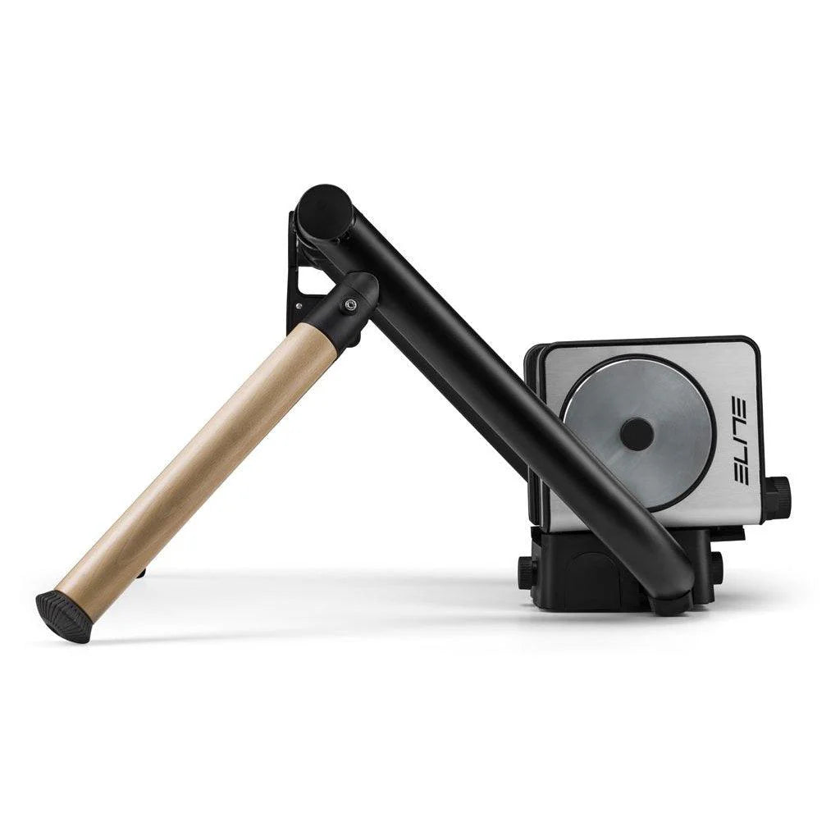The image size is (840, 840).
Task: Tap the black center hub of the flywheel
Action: (x=637, y=434)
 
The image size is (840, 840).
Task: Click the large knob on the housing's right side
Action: (x=777, y=498)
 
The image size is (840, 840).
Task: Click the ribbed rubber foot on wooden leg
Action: (x=64, y=616)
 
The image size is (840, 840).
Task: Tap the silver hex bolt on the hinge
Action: (x=351, y=305)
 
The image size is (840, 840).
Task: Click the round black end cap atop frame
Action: (x=324, y=212)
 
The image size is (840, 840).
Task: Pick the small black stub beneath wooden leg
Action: (x=142, y=573)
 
